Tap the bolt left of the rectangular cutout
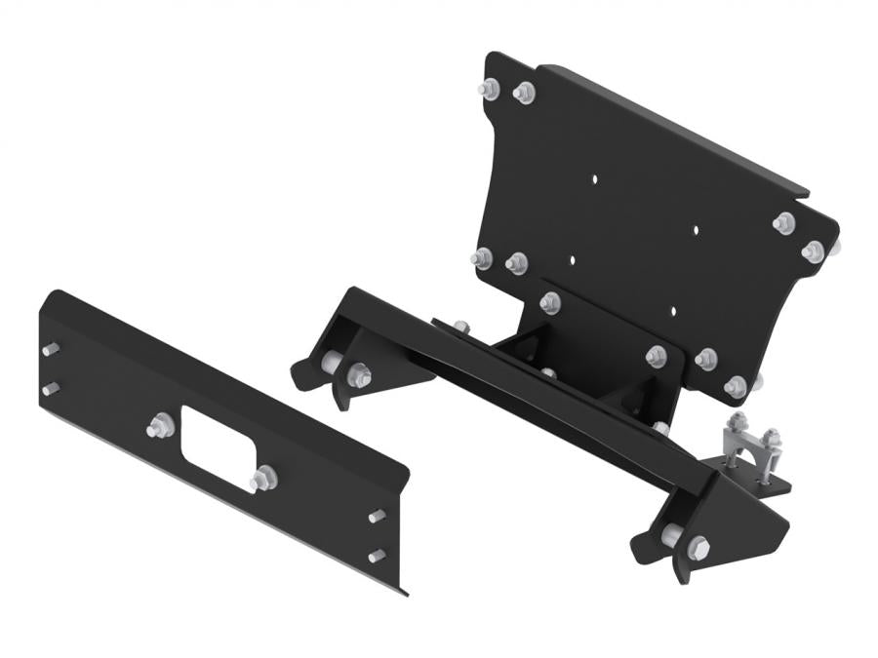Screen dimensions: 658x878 pos(157,426)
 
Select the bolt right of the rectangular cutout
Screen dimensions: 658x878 pos(262,479)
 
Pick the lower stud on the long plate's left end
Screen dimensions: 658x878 pos(49,388)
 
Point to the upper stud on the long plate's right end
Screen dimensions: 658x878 pos(377,516)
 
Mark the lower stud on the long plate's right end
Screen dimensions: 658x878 pos(377,556)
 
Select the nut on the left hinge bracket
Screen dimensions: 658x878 pos(359,372)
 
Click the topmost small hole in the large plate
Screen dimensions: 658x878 pos(594,178)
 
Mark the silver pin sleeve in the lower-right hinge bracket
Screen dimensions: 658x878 pos(670,535)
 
